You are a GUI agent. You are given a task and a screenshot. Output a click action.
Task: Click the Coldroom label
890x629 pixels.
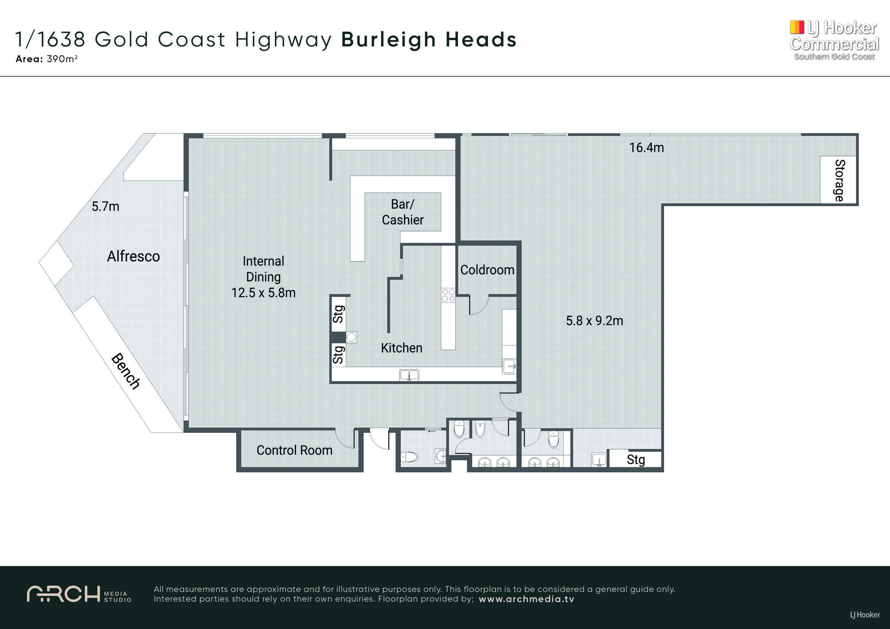[487, 270]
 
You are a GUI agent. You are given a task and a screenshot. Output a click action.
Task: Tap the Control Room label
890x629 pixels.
[294, 451]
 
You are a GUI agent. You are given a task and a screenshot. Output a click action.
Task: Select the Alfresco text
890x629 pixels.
[133, 256]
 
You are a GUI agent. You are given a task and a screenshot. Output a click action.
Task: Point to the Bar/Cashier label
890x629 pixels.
[403, 212]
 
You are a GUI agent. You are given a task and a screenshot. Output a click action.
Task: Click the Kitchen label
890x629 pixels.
[402, 348]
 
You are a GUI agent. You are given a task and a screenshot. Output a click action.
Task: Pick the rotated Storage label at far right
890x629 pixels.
[839, 180]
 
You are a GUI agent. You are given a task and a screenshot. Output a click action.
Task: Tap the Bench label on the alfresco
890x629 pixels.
[126, 371]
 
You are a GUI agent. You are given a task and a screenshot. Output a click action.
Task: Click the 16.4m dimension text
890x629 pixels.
[646, 148]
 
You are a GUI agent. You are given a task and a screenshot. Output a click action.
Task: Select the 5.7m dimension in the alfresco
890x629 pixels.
[105, 207]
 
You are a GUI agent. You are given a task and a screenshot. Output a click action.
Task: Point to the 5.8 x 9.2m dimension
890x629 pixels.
[595, 321]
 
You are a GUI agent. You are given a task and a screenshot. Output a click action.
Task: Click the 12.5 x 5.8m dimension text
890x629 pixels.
[264, 293]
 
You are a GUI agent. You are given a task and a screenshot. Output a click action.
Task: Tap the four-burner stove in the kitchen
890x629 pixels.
[448, 295]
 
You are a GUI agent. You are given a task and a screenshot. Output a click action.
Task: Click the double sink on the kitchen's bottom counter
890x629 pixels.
[409, 375]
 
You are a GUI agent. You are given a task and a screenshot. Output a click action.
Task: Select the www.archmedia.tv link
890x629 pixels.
[527, 599]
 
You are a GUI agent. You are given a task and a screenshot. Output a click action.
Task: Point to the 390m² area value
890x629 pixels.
[62, 59]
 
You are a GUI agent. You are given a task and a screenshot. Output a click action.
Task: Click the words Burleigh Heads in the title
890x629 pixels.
[429, 40]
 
